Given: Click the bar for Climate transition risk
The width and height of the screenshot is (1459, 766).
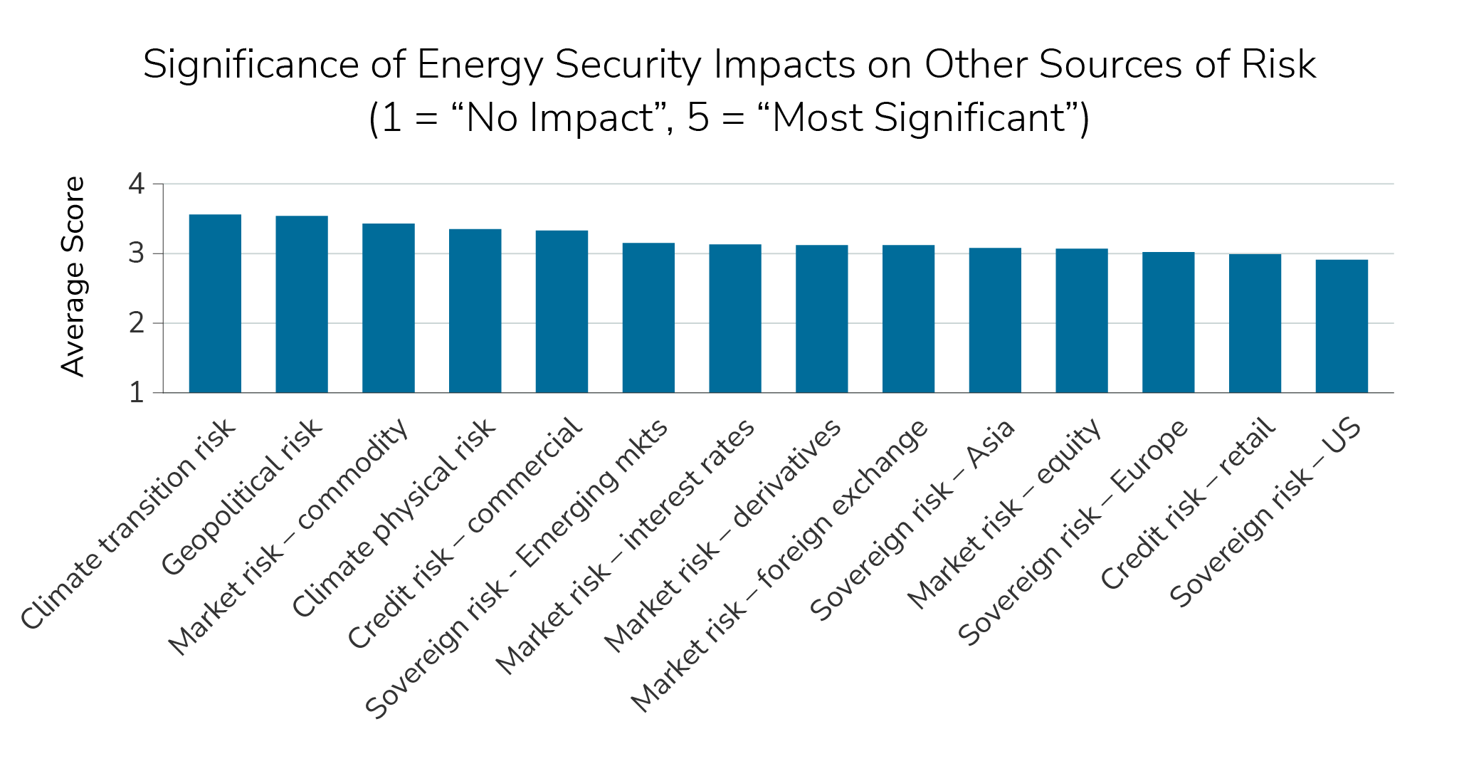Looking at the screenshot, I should [215, 304].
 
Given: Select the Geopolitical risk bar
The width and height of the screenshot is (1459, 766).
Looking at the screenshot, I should [302, 305].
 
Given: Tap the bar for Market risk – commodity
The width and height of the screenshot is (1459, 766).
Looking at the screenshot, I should [389, 308].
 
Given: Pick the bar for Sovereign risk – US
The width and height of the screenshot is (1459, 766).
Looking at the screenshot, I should [1342, 326].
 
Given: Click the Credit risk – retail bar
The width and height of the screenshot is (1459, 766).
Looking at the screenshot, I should [1255, 323].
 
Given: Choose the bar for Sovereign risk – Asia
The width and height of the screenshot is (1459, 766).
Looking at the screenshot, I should [995, 320].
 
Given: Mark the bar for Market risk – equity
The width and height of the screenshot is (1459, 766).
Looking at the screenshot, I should [1082, 320].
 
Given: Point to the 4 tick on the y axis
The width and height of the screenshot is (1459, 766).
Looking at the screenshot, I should [137, 184].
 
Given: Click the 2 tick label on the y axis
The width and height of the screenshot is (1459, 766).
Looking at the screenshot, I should [137, 323].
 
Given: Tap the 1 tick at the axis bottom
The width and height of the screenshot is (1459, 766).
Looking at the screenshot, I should [137, 393].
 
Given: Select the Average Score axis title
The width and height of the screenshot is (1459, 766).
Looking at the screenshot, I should [73, 276].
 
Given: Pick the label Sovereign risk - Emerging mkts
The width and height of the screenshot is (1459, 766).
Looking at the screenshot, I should [517, 570].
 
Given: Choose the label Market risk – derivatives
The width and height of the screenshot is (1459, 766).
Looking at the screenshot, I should [722, 536].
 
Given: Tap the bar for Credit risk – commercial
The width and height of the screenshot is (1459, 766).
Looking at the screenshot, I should [562, 312].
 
